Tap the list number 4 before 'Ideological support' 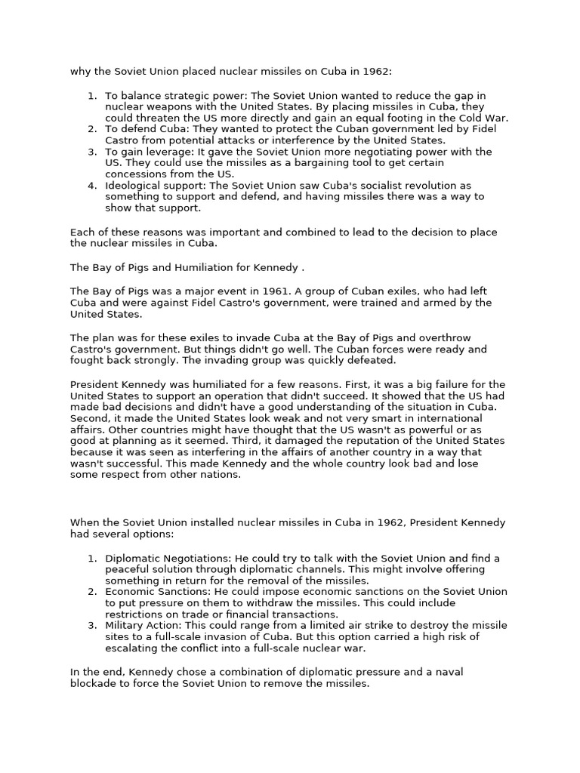click(x=91, y=185)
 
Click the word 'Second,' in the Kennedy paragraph click(x=91, y=418)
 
